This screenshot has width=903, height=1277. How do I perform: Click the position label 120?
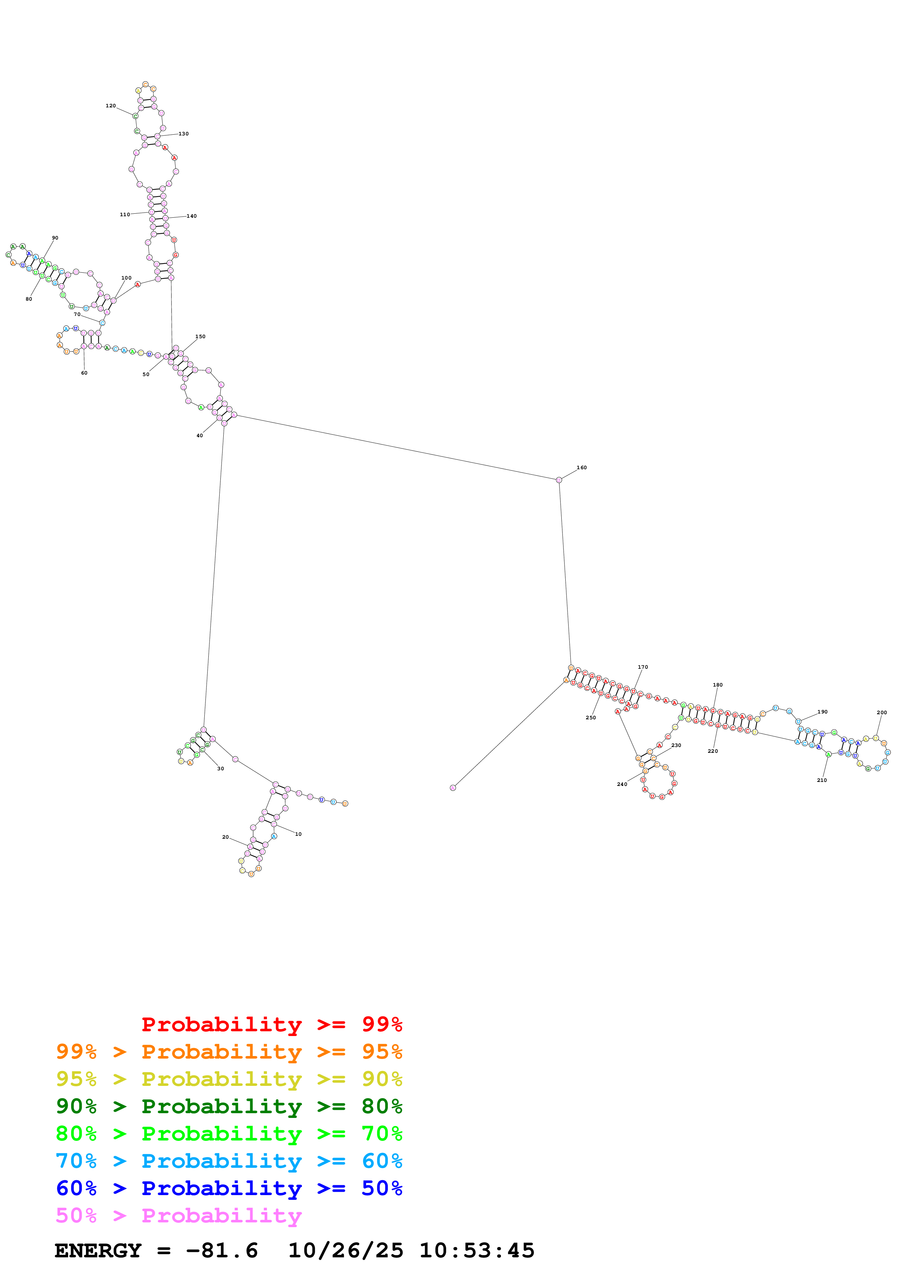click(111, 106)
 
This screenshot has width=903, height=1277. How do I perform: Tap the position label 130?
click(184, 134)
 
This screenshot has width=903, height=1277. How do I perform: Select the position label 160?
click(581, 468)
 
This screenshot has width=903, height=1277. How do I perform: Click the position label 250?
click(591, 717)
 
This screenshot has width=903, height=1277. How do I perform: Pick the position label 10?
click(298, 834)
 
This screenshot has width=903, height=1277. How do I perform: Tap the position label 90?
click(55, 238)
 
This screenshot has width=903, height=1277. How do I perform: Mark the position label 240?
click(622, 784)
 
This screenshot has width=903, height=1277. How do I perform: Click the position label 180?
click(718, 685)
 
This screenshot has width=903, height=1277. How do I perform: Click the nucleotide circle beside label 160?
click(559, 480)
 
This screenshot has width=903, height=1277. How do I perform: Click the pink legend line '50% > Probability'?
click(178, 1216)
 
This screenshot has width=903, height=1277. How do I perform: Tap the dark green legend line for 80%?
click(229, 1107)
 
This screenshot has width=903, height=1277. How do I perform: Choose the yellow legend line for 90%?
click(229, 1080)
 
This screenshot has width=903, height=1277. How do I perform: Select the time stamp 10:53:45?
click(477, 1251)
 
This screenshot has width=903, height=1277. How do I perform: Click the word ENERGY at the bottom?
click(98, 1251)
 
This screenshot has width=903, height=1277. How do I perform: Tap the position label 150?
click(200, 336)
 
